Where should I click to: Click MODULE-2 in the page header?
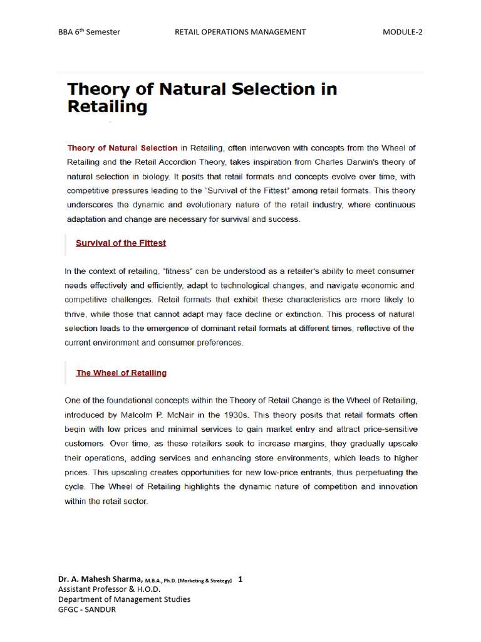point(402,32)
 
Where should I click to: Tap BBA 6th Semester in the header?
point(89,32)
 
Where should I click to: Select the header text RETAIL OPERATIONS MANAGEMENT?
point(240,32)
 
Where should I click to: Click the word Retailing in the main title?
point(107,107)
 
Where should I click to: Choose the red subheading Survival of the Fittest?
point(121,243)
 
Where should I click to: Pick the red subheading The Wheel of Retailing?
point(122,373)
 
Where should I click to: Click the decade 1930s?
point(264,415)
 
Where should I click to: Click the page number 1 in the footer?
point(240,579)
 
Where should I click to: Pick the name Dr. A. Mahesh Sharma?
point(100,580)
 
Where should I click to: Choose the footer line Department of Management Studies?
point(124,599)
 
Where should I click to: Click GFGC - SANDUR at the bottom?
point(86,609)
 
